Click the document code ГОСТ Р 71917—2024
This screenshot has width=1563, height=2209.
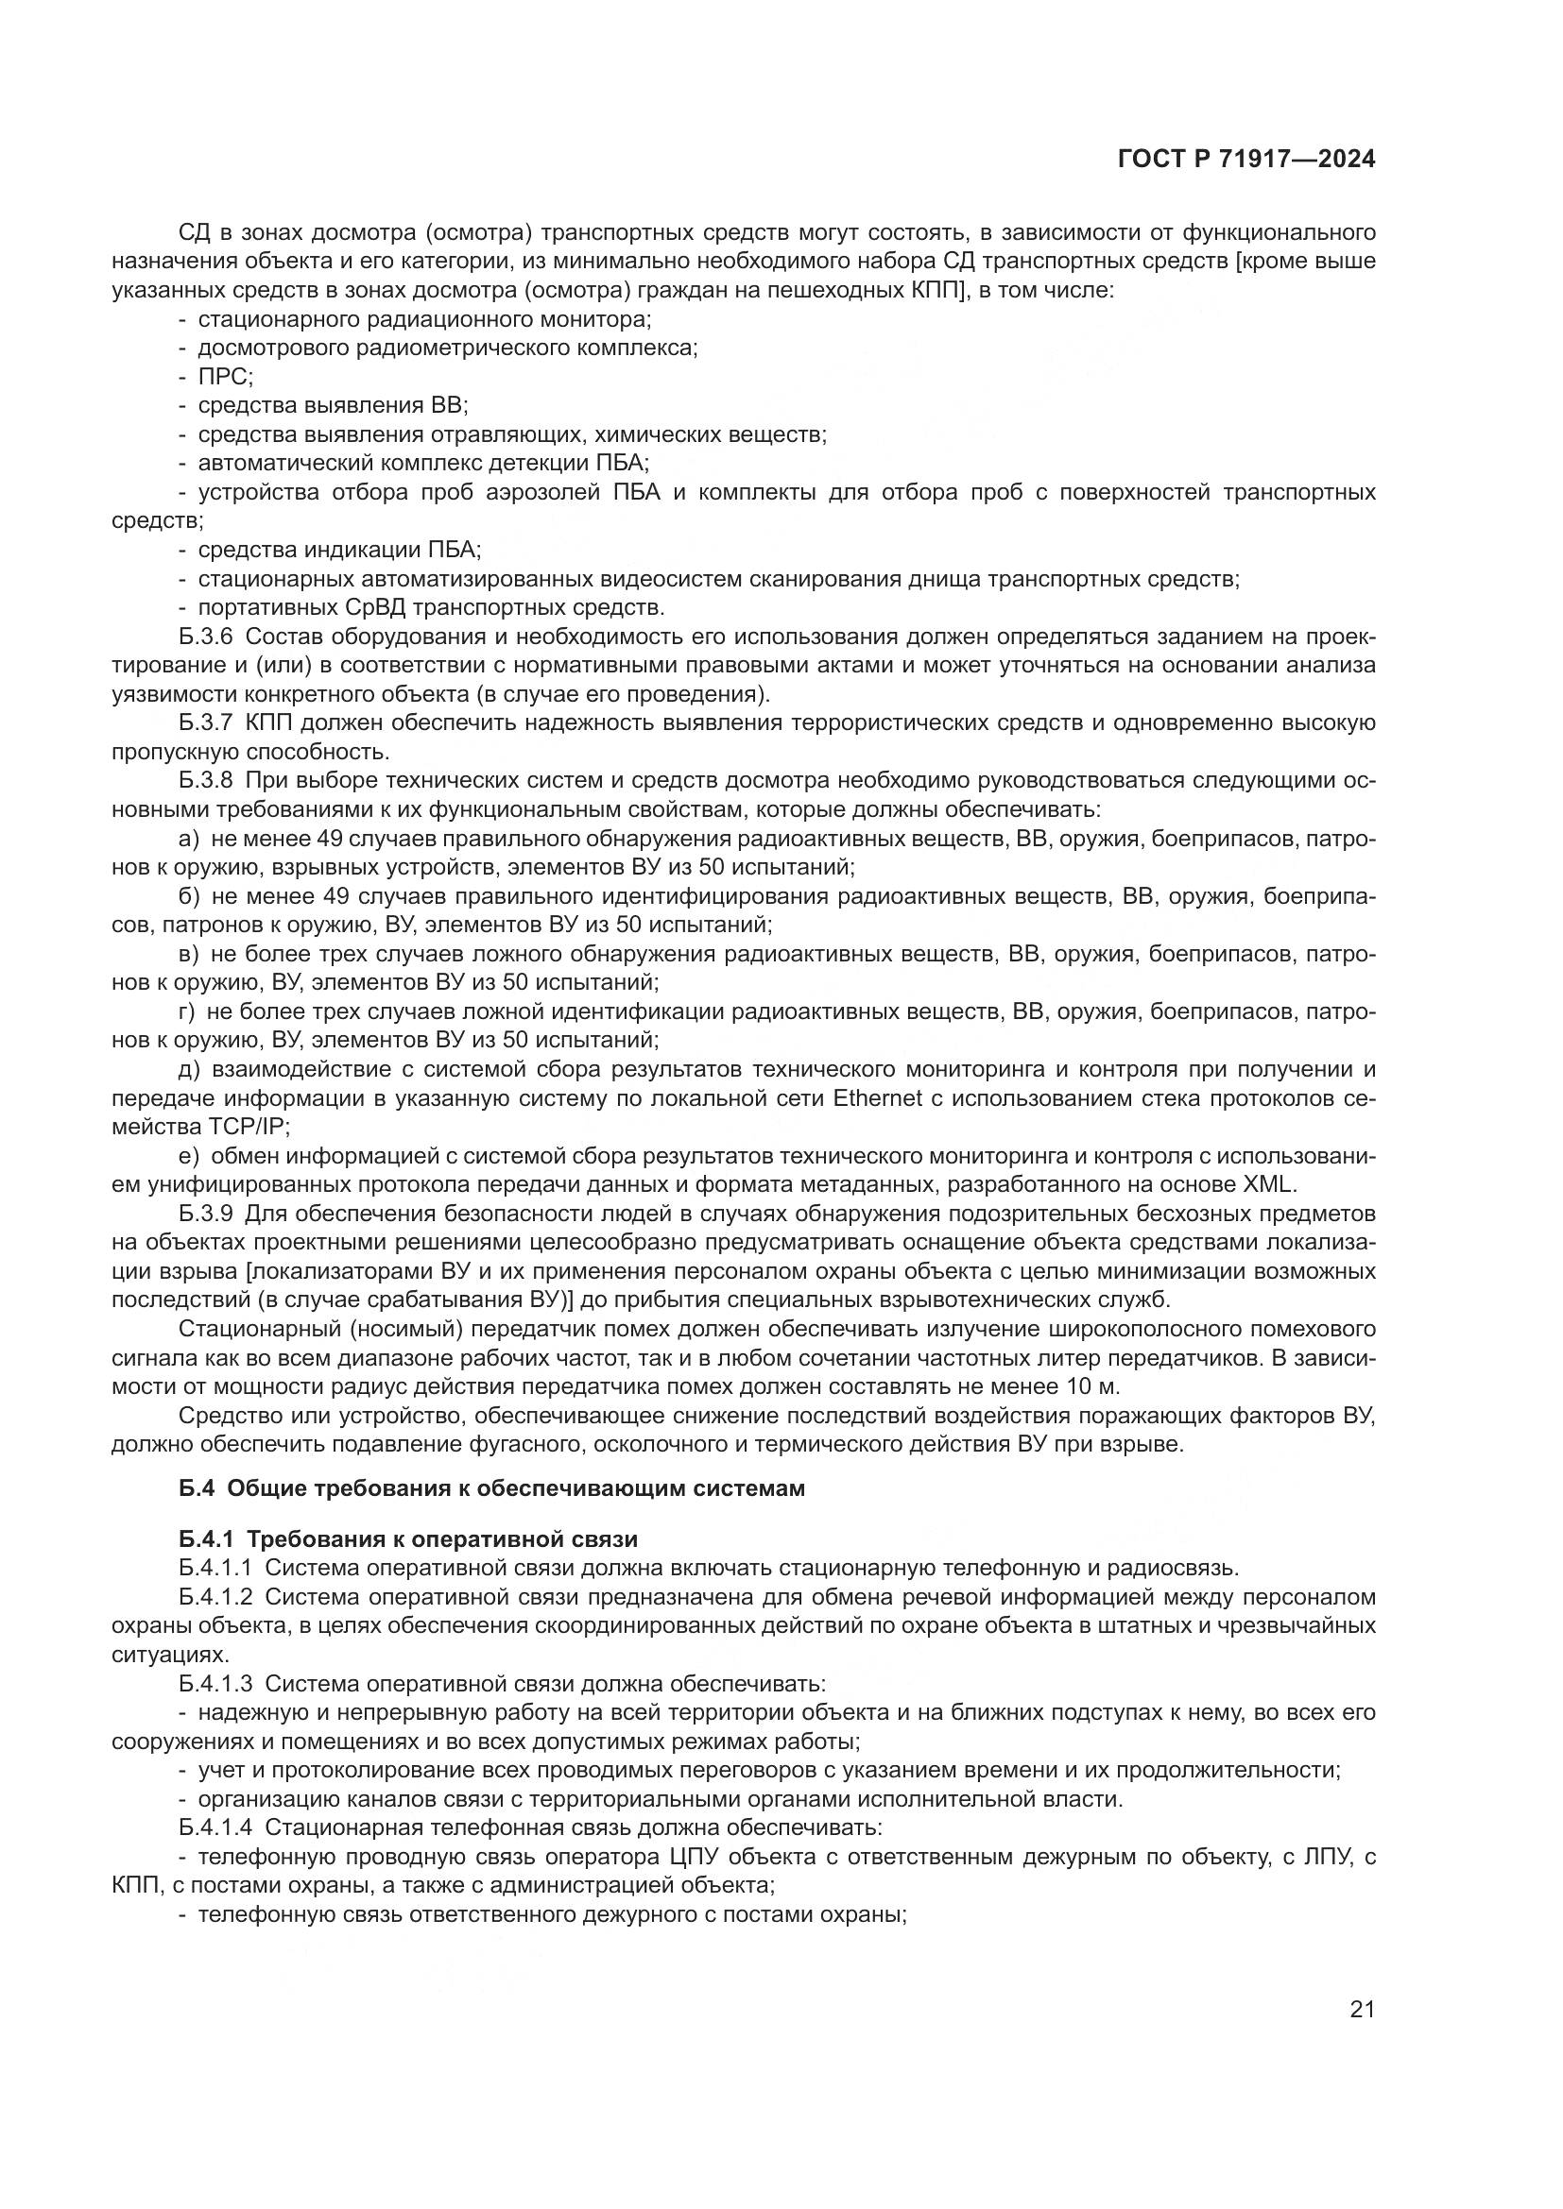tap(1245, 160)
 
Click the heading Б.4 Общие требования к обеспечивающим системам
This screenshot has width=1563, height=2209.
tap(491, 1489)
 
